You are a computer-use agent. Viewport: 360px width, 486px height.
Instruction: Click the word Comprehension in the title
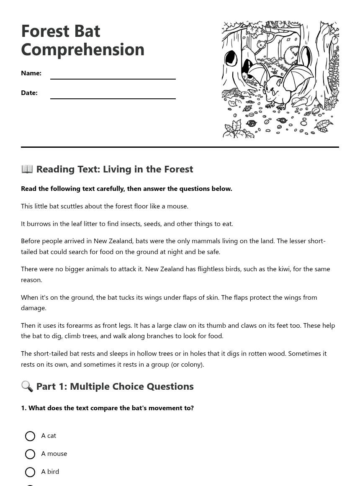pos(82,49)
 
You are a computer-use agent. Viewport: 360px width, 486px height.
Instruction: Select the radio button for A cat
pos(30,436)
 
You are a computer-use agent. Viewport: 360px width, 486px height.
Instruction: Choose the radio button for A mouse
pos(30,454)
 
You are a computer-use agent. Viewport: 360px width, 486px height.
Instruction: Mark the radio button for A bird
pos(30,472)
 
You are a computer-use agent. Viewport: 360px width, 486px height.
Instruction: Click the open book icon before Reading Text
pos(27,169)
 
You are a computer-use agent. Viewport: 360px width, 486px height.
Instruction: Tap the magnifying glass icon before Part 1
pos(27,386)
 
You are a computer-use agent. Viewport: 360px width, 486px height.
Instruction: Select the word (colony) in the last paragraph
pos(187,364)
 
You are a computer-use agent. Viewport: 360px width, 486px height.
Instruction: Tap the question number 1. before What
pos(24,408)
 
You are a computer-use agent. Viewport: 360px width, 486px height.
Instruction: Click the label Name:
pos(31,73)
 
